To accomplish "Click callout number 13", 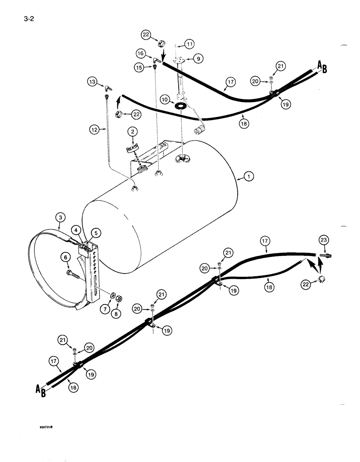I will click(x=93, y=82).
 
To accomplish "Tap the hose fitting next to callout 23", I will click(x=328, y=255).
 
